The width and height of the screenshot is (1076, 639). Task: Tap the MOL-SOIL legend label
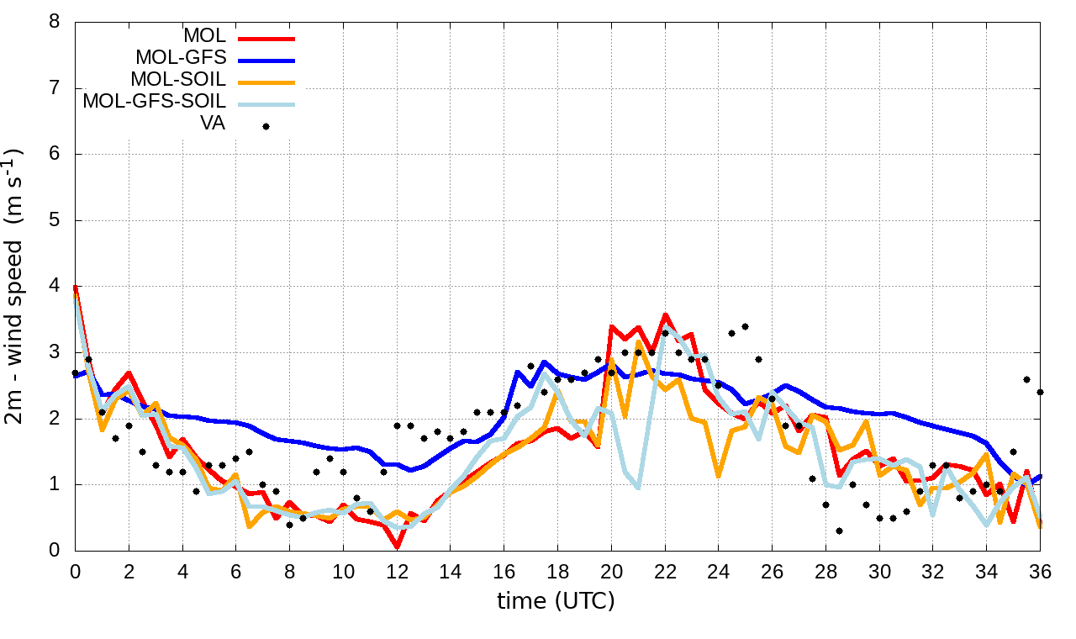point(178,81)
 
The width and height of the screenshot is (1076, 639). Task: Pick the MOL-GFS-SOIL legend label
point(154,103)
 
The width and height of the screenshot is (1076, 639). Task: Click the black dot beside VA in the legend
point(266,126)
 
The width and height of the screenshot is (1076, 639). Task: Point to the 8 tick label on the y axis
point(55,22)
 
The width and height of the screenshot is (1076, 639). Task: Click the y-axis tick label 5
point(55,220)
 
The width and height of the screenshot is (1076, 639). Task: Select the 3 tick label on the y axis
point(55,352)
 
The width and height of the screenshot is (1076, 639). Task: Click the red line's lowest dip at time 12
point(397,547)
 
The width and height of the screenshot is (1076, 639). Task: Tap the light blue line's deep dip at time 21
point(639,487)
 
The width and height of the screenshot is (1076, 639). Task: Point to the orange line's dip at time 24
point(719,476)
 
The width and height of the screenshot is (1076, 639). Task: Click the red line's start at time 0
point(76,288)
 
